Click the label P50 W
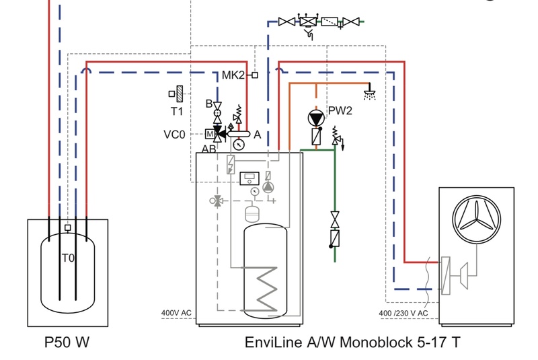pyautogui.click(x=67, y=343)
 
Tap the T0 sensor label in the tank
pyautogui.click(x=68, y=258)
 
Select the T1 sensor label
pyautogui.click(x=176, y=112)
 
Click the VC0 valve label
pyautogui.click(x=174, y=134)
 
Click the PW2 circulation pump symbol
pyautogui.click(x=315, y=117)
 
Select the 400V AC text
pyautogui.click(x=177, y=313)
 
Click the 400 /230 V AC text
pyautogui.click(x=403, y=313)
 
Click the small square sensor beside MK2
pyautogui.click(x=255, y=75)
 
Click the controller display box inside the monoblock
pyautogui.click(x=249, y=178)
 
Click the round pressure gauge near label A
pyautogui.click(x=239, y=143)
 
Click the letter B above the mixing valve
pyautogui.click(x=209, y=103)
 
